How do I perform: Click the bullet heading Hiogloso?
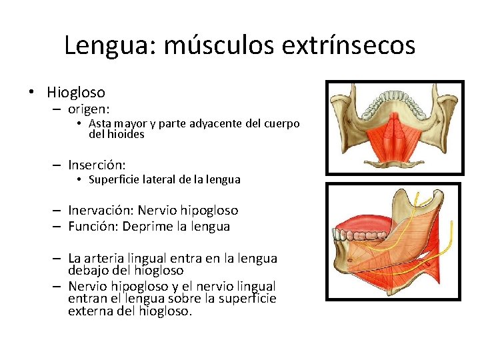click(76, 92)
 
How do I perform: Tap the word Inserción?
click(97, 164)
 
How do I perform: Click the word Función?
click(94, 227)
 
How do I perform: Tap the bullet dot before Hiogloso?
click(33, 93)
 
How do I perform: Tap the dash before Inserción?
click(58, 165)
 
